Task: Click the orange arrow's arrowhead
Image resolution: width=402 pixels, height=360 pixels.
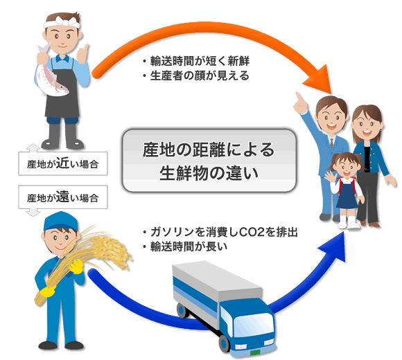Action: pos(320,80)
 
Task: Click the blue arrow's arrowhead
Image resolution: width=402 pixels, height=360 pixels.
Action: pos(334,247)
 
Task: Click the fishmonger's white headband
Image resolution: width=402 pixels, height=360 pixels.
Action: pos(62,24)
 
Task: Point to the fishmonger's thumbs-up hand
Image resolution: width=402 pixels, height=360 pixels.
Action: pos(82,53)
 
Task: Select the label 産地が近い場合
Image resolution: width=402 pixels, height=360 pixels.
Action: pos(63,163)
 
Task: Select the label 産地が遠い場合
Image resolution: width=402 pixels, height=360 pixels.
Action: pos(63,197)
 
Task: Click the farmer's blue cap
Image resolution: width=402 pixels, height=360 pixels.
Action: pos(60,221)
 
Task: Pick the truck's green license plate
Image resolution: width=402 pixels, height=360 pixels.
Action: pos(255,352)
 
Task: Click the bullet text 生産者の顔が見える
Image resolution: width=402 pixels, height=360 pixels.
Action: pos(200,75)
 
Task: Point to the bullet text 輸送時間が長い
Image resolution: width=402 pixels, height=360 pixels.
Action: pos(189,247)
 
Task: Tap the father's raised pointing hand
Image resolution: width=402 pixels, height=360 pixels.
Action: pos(301,103)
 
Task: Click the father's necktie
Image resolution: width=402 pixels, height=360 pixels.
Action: pos(332,143)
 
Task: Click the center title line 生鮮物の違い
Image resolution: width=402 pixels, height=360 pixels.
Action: pos(209,173)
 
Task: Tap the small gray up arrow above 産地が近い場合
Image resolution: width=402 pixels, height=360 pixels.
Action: pos(33,147)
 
